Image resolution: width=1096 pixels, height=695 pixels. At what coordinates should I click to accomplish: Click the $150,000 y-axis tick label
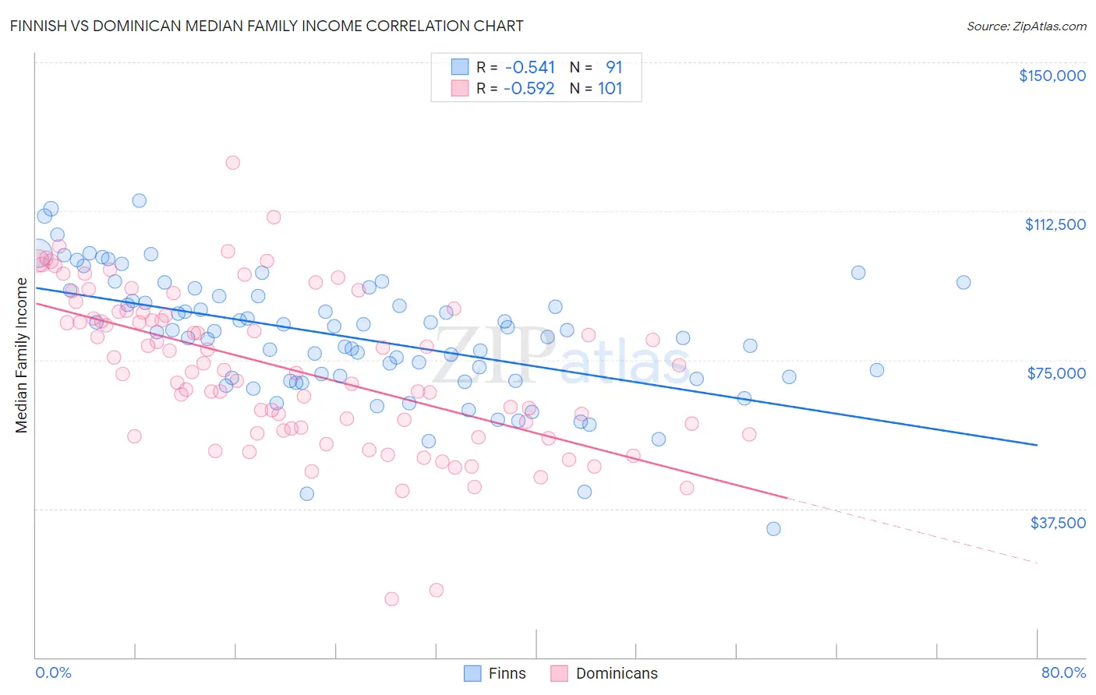point(1052,76)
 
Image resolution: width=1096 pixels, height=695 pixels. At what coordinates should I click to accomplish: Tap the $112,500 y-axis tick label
point(1055,224)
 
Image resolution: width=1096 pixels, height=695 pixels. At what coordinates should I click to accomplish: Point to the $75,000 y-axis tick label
point(1056,373)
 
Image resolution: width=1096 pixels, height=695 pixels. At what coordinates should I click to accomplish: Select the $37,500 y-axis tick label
point(1058,522)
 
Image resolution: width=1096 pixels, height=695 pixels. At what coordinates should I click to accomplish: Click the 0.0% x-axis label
point(53,672)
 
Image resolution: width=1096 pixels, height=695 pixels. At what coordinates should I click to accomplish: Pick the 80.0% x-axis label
point(1063,672)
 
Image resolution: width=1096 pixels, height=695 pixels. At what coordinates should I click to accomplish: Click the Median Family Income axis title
point(21,355)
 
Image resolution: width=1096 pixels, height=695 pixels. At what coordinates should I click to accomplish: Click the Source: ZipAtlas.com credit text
point(1026,26)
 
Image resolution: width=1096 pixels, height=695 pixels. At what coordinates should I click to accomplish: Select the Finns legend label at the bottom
point(507,673)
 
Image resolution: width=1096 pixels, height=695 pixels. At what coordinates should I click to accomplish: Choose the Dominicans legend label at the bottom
point(617,673)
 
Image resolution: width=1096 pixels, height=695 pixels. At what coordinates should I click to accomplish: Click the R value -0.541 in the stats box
point(530,67)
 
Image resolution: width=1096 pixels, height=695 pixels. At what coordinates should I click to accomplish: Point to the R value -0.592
point(529,88)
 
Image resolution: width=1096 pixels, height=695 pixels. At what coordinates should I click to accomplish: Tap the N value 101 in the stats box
point(610,88)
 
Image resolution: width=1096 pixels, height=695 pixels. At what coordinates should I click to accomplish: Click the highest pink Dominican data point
point(232,163)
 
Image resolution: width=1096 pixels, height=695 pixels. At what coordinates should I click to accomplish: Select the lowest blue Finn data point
point(773,529)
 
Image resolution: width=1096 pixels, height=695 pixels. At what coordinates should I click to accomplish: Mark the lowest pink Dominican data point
point(391,599)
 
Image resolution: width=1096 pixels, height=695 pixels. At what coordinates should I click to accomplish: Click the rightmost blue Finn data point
point(963,283)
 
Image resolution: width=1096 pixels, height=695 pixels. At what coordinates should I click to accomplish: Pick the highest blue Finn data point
point(139,200)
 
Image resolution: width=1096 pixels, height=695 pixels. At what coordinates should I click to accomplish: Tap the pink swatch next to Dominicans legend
point(558,673)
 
